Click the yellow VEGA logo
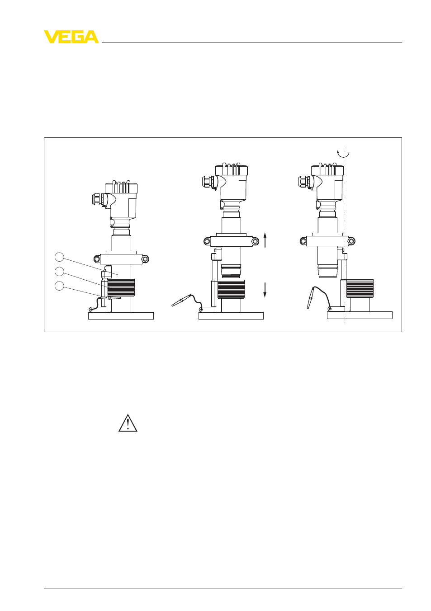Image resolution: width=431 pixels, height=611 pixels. tap(71, 37)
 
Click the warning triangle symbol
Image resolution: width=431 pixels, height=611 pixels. tap(128, 423)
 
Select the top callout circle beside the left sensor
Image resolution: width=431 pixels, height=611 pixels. tap(59, 257)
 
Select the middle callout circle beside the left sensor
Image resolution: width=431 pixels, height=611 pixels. tap(59, 272)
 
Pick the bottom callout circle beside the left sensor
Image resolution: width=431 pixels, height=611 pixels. tap(59, 286)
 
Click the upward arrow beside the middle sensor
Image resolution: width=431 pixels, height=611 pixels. tap(265, 240)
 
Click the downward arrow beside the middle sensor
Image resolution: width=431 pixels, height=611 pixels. tap(265, 290)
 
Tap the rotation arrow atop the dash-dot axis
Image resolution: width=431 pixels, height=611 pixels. tap(343, 154)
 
